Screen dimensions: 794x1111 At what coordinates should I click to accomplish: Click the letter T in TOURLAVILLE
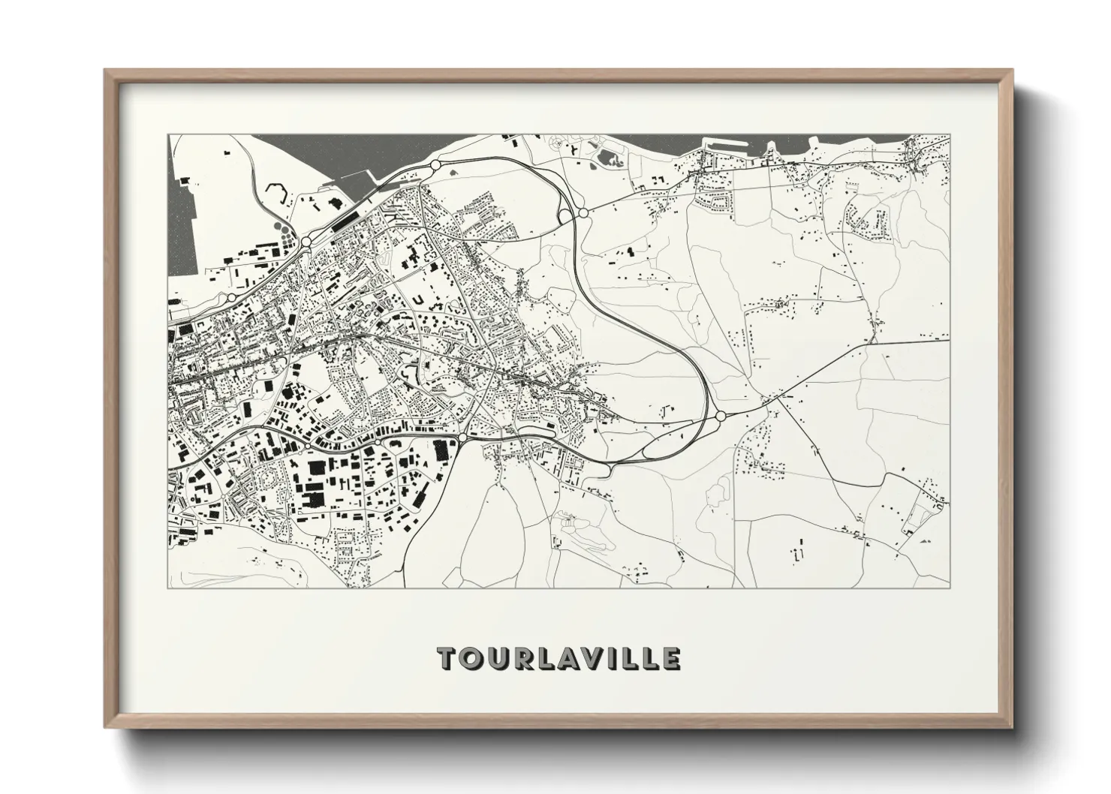[x=448, y=658]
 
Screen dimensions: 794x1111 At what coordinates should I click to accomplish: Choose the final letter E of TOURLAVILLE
[x=670, y=658]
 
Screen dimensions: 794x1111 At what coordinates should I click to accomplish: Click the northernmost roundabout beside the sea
[x=435, y=165]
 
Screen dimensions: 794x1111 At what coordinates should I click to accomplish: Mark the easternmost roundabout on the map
[x=721, y=416]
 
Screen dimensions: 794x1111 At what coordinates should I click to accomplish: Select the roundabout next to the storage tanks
[x=307, y=242]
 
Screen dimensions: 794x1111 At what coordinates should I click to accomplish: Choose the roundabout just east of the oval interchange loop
[x=583, y=214]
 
